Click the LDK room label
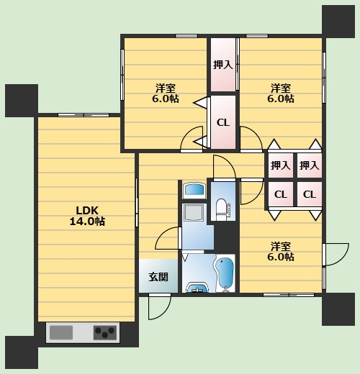click(x=87, y=210)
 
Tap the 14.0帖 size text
click(x=87, y=221)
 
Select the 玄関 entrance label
click(x=158, y=277)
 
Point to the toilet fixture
click(x=222, y=209)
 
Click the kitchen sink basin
click(x=61, y=332)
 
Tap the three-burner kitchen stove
click(x=104, y=332)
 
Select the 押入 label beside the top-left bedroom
click(x=223, y=65)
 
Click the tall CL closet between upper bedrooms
click(x=223, y=122)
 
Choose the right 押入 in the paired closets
click(x=310, y=165)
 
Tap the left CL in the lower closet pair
click(x=281, y=194)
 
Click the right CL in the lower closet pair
click(x=310, y=194)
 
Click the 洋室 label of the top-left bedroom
click(x=166, y=88)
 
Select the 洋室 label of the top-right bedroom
click(x=281, y=88)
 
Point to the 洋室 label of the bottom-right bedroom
click(x=281, y=246)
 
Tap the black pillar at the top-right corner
click(x=338, y=22)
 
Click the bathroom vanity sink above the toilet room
click(x=194, y=191)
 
